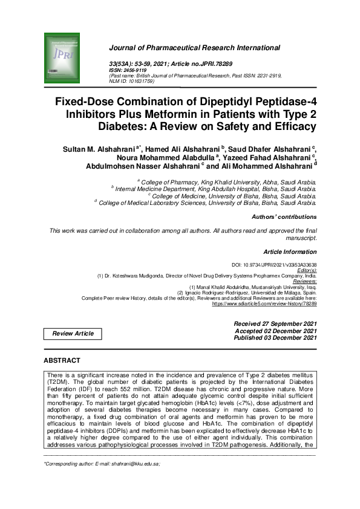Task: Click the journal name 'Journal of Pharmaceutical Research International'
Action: [x=194, y=48]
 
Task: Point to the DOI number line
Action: [x=274, y=265]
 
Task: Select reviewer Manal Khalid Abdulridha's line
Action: [x=253, y=287]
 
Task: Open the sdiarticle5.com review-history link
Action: [x=264, y=303]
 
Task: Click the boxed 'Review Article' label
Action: [x=73, y=334]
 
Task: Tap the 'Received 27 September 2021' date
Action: [x=275, y=324]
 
